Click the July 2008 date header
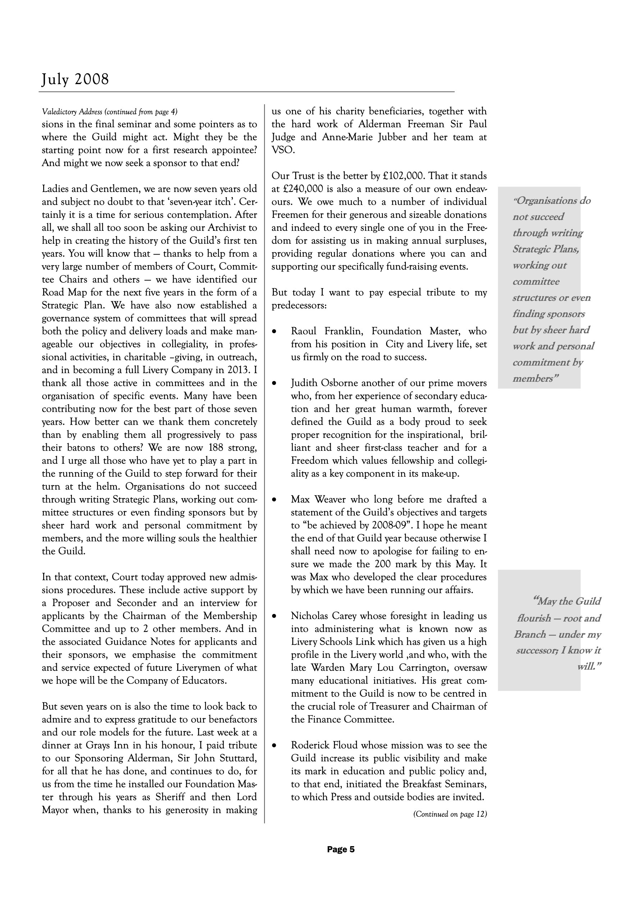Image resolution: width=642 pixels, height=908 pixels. [x=75, y=79]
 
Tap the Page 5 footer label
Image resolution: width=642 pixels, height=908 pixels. [x=340, y=849]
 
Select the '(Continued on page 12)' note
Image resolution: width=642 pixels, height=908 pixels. [x=450, y=814]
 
